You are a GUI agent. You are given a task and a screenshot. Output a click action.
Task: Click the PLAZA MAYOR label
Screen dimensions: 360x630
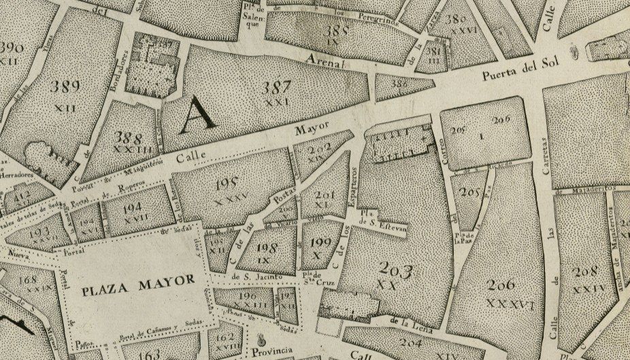[x=138, y=278]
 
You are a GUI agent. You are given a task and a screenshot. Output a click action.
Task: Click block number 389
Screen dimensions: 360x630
[x=65, y=86]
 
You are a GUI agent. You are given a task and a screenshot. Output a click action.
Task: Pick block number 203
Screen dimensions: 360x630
[x=391, y=270]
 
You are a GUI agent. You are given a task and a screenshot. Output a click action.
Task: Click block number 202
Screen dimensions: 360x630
[x=319, y=147]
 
